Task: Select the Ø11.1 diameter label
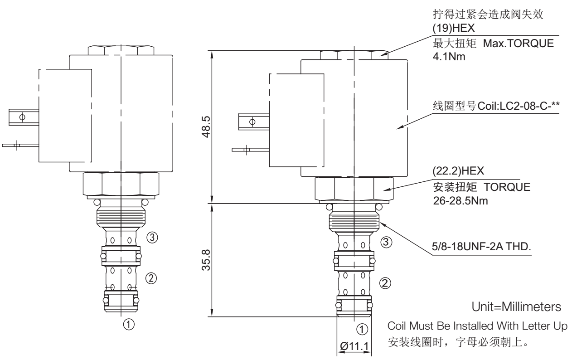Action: [354, 347]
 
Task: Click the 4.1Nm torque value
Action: [448, 58]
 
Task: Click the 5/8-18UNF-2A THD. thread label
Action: [485, 248]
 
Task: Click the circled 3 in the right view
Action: [386, 243]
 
